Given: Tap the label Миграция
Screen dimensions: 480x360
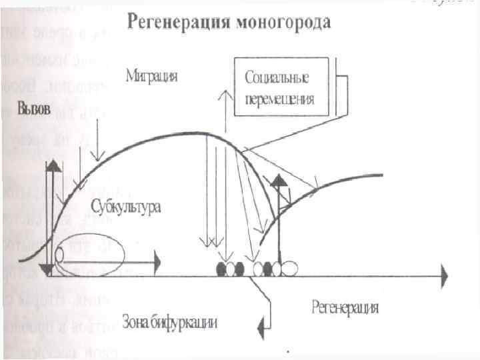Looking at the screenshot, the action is click(152, 75).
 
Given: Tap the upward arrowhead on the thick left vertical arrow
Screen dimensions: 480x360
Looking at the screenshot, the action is click(49, 167).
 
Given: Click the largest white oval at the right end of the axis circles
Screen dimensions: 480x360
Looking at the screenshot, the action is click(289, 268).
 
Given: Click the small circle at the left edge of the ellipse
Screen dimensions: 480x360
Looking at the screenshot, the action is click(61, 254).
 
